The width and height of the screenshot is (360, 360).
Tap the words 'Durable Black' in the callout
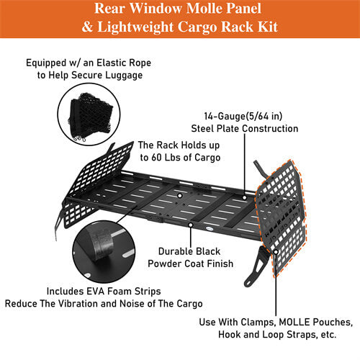[189, 251]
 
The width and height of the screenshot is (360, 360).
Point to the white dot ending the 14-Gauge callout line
[245, 196]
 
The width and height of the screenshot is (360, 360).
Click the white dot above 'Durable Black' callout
[190, 225]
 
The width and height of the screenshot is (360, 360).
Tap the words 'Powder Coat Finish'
[190, 264]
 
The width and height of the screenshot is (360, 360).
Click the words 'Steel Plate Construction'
[244, 128]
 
